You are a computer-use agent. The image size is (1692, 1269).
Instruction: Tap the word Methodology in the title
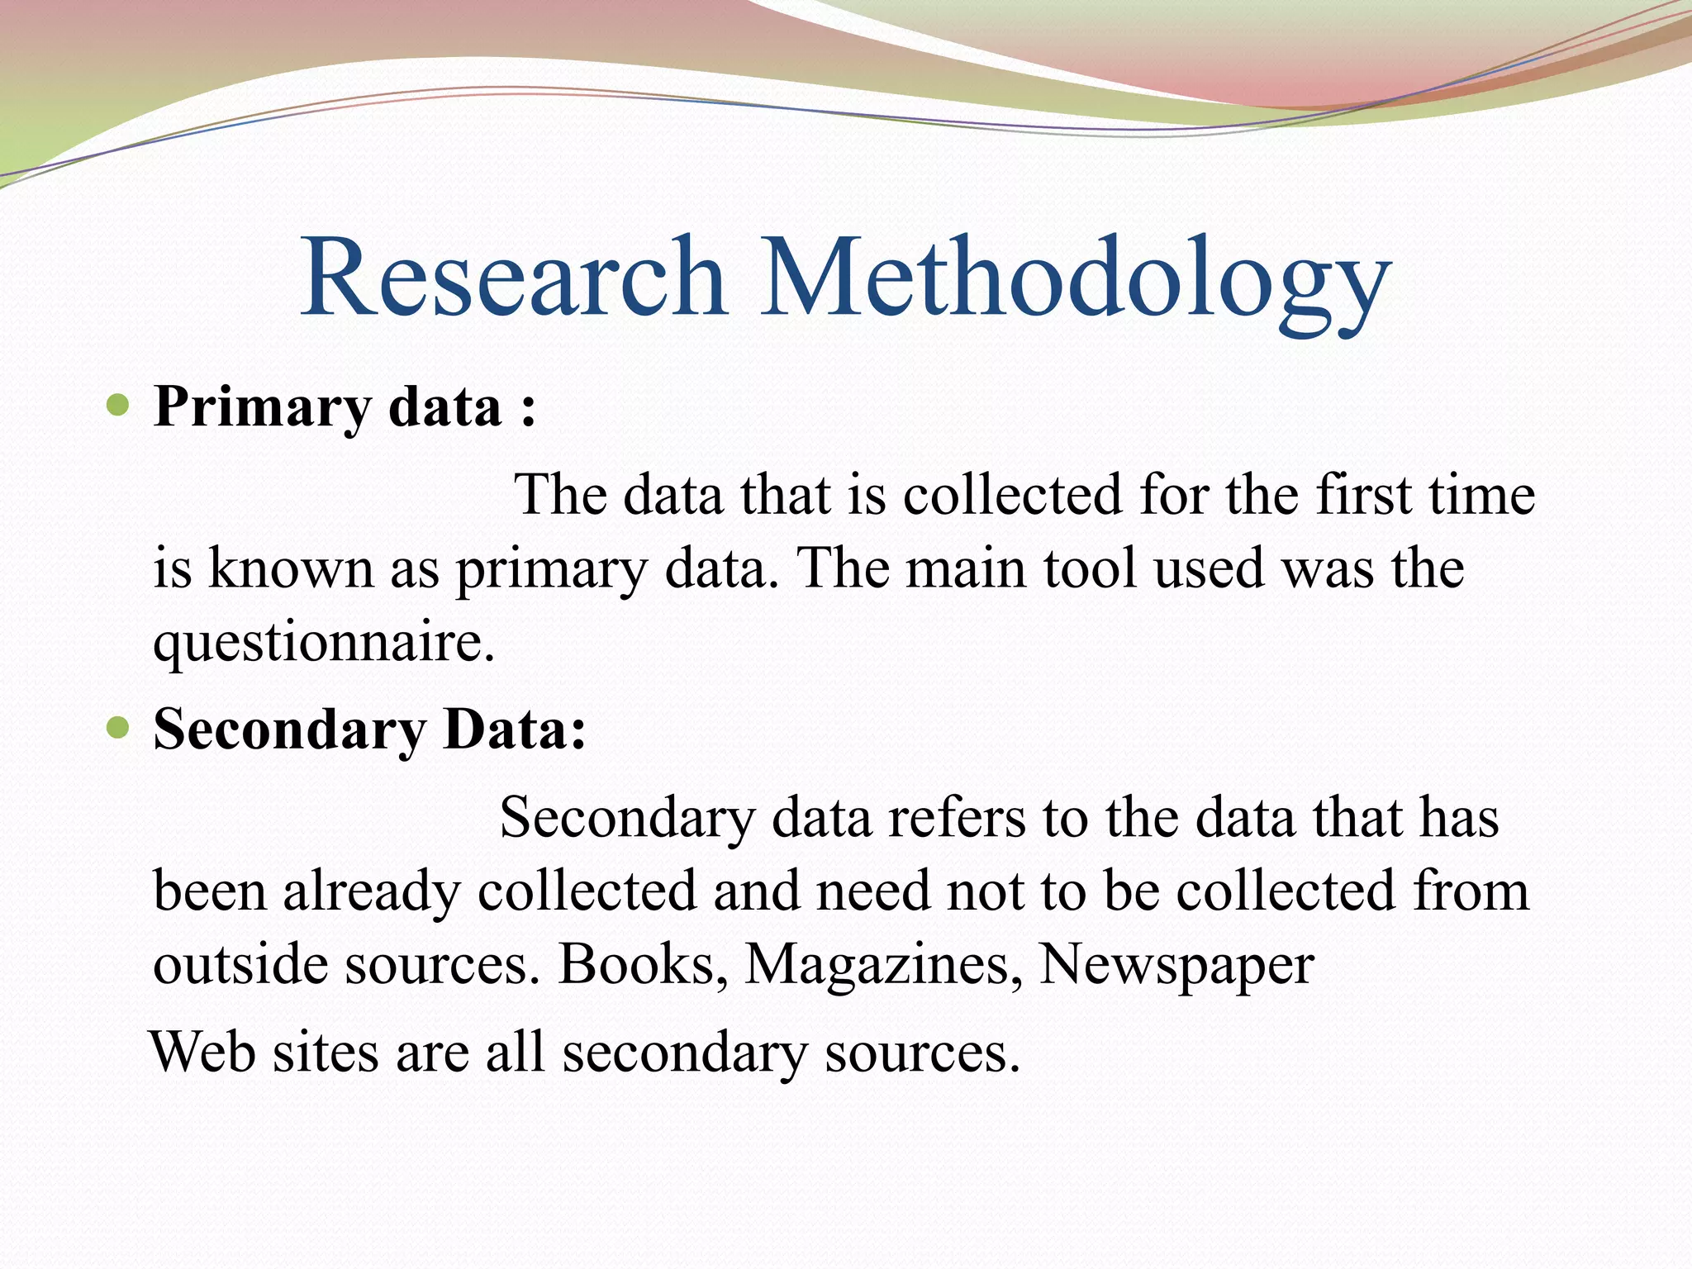pyautogui.click(x=1075, y=281)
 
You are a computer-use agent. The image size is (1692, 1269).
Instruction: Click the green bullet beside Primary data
pyautogui.click(x=120, y=406)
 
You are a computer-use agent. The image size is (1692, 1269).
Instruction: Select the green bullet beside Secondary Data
pyautogui.click(x=120, y=729)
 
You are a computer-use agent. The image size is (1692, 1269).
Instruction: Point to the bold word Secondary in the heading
pyautogui.click(x=289, y=730)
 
